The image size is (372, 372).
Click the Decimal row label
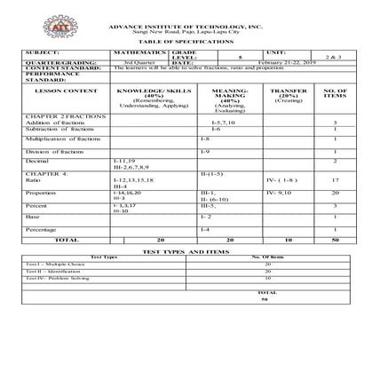coord(37,161)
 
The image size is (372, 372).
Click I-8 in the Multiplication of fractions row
coord(205,139)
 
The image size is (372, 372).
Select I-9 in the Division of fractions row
coord(205,150)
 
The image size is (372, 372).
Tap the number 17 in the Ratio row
coord(336,180)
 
